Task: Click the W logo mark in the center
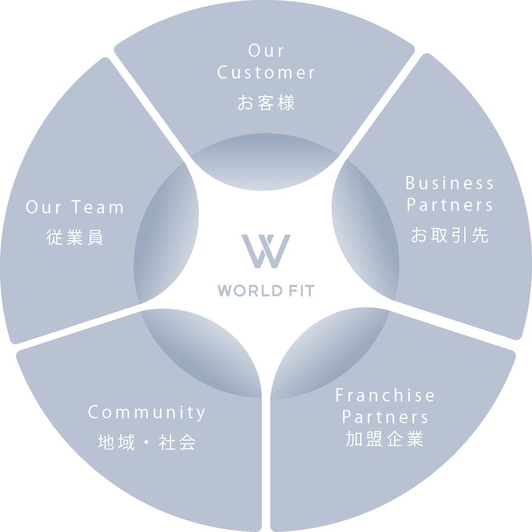[266, 251]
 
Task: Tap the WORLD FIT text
[266, 291]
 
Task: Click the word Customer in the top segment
[266, 73]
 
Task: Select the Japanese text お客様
[266, 103]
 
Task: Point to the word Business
[450, 183]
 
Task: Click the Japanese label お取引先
[450, 235]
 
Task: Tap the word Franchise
[385, 396]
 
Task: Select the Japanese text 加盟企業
[385, 439]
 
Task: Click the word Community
[147, 413]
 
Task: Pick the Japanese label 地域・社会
[147, 443]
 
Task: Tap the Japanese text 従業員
[75, 238]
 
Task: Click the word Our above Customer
[266, 51]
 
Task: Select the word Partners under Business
[450, 206]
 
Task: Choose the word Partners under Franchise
[385, 417]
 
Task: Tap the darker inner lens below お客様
[266, 158]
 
